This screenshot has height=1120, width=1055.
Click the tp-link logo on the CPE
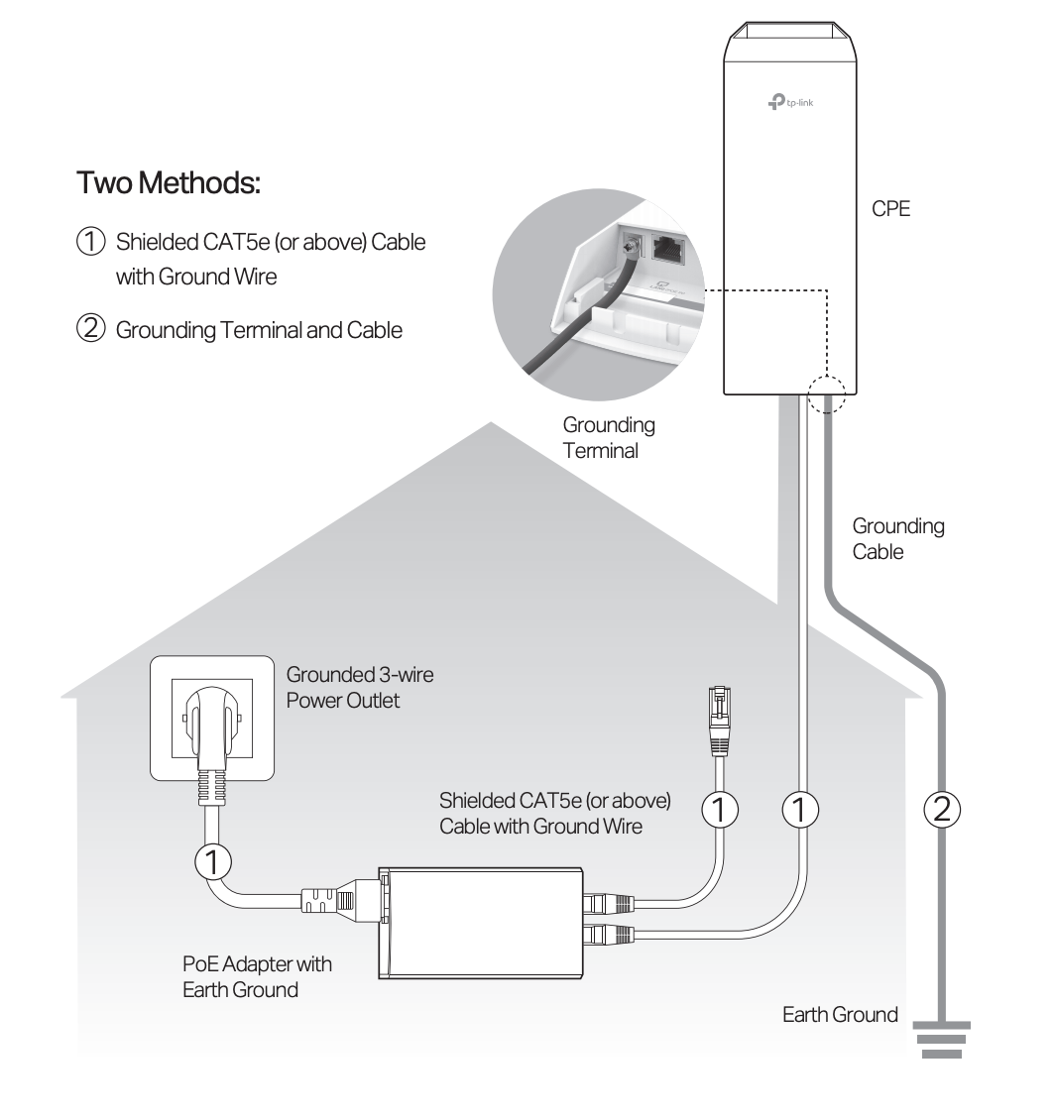point(791,102)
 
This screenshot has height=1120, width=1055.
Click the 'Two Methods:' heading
point(168,183)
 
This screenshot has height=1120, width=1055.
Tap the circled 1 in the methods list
point(89,242)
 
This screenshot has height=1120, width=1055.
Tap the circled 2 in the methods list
point(89,329)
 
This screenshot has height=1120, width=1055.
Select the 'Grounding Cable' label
point(897,539)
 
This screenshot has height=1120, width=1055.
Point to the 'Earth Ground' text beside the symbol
point(840,1015)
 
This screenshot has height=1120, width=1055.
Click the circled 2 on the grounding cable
point(942,810)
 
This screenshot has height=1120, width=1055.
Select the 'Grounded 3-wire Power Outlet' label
point(359,687)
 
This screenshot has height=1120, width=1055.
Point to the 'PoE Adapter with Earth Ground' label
point(257,976)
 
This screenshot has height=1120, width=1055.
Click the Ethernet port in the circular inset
point(670,250)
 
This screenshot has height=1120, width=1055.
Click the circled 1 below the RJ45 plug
point(721,810)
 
